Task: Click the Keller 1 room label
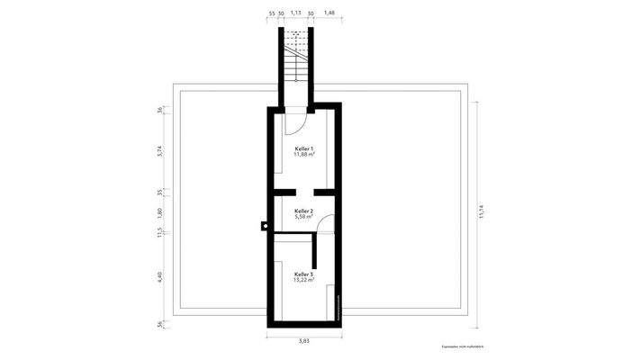pos(304,148)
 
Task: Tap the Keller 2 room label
pos(304,210)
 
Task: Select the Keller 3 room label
pos(304,274)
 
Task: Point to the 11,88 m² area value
pos(304,154)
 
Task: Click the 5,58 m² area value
pos(304,216)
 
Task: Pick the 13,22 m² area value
pos(304,280)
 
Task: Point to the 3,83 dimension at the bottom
pos(304,342)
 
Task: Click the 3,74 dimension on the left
pos(159,150)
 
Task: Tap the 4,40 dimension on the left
pos(159,277)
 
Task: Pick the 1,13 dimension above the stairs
pos(295,13)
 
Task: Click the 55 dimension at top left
pos(272,13)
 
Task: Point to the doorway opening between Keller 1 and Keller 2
pos(307,192)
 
